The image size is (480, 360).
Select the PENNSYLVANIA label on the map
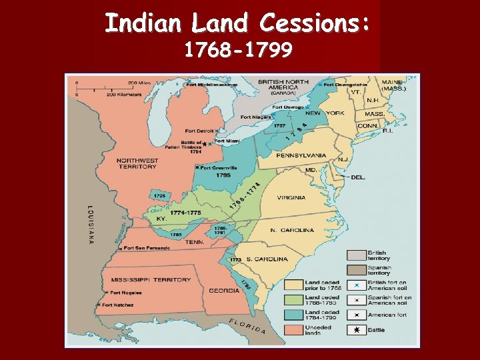(301, 155)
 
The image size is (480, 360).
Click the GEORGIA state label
(224, 290)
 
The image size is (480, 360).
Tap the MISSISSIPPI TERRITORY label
(151, 279)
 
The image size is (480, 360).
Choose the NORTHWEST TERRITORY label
(137, 163)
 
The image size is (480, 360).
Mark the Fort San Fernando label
(147, 247)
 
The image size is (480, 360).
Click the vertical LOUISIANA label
(89, 225)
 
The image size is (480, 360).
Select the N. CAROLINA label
(292, 230)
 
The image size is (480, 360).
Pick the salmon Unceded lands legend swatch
(357, 330)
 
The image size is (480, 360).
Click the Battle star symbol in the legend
(357, 329)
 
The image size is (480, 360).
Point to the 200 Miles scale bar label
(140, 83)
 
